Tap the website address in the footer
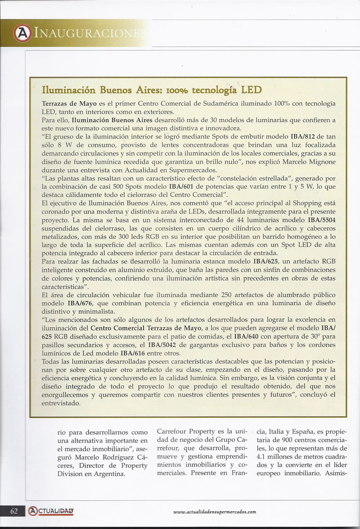[214, 512]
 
